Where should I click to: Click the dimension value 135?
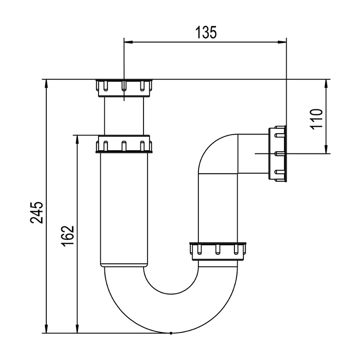pyautogui.click(x=206, y=32)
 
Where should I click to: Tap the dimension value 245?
pyautogui.click(x=36, y=212)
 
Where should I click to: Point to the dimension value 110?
pyautogui.click(x=317, y=119)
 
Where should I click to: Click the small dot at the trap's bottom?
pyautogui.click(x=171, y=333)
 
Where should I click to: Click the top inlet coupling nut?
pyautogui.click(x=124, y=88)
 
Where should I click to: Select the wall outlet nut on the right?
pyautogui.click(x=277, y=154)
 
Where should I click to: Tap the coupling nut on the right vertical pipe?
pyautogui.click(x=218, y=252)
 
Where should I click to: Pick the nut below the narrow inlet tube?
pyautogui.click(x=124, y=144)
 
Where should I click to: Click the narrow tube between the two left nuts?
pyautogui.click(x=124, y=116)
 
